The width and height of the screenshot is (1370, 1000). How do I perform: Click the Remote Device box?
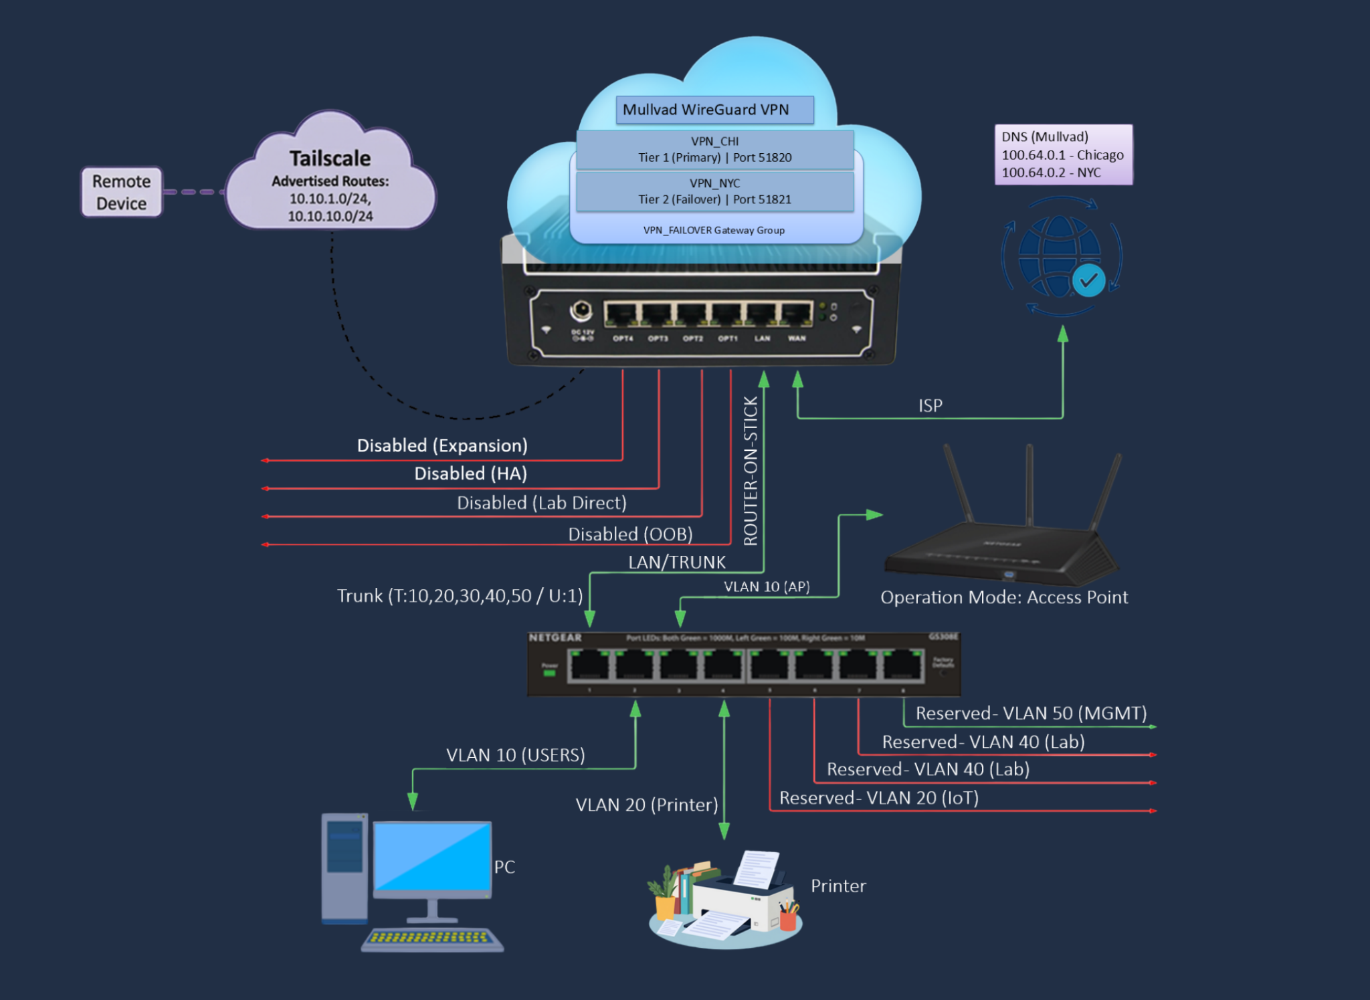pyautogui.click(x=121, y=192)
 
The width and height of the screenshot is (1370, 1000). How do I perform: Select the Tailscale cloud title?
pyautogui.click(x=330, y=159)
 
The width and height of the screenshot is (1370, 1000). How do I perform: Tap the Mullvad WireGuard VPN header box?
pyautogui.click(x=714, y=110)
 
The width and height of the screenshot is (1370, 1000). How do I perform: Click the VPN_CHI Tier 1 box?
pyautogui.click(x=714, y=149)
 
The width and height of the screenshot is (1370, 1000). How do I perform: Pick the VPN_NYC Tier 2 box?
pyautogui.click(x=714, y=191)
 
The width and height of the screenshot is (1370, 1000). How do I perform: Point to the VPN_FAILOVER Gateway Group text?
pyautogui.click(x=714, y=230)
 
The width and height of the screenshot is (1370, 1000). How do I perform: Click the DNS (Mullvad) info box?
pyautogui.click(x=1063, y=155)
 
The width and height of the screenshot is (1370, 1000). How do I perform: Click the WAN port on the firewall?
pyautogui.click(x=796, y=314)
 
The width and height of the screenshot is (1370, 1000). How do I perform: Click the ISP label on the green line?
pyautogui.click(x=930, y=406)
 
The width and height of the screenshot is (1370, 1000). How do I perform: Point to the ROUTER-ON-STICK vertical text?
pyautogui.click(x=751, y=471)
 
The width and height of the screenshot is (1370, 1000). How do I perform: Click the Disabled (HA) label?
pyautogui.click(x=470, y=474)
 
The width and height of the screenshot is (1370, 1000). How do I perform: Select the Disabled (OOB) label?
pyautogui.click(x=630, y=534)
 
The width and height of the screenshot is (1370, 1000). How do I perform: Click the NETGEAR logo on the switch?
pyautogui.click(x=555, y=637)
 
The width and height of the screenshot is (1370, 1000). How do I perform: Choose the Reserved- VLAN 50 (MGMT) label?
pyautogui.click(x=1031, y=713)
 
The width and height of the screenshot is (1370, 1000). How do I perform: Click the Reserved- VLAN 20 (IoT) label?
pyautogui.click(x=878, y=798)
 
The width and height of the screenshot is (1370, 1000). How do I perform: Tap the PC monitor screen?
pyautogui.click(x=432, y=857)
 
